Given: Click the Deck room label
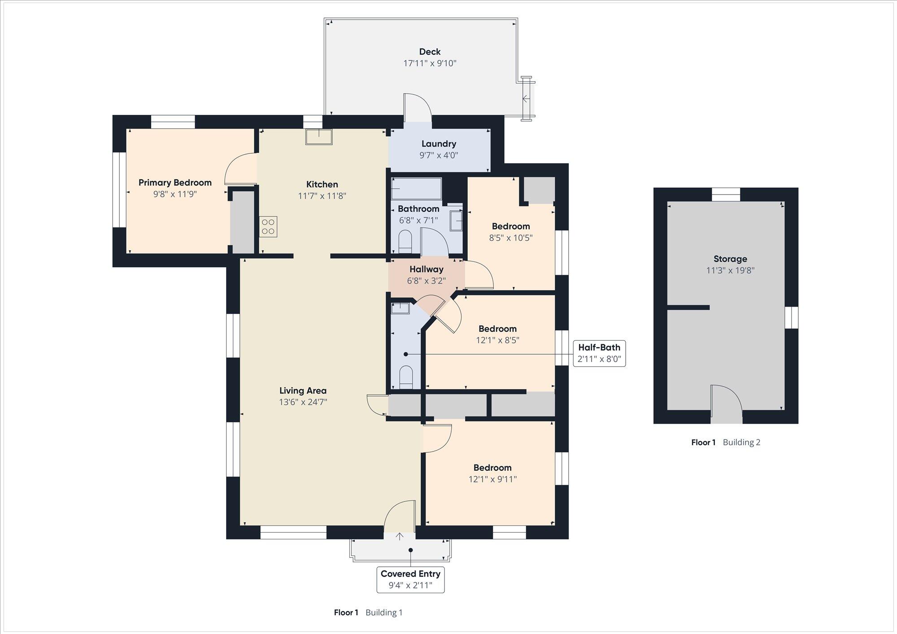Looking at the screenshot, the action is [x=430, y=52].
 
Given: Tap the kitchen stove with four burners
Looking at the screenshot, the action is [x=268, y=227].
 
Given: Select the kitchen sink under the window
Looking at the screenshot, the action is [x=319, y=137].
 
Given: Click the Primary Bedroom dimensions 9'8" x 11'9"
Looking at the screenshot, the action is [x=175, y=194].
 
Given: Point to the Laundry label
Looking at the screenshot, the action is [x=439, y=144].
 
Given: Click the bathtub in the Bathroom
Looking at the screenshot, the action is [x=416, y=189].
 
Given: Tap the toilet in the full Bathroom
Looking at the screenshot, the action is [x=405, y=242].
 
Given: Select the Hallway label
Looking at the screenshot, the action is [x=426, y=269].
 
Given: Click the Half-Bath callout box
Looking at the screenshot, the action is [x=599, y=353].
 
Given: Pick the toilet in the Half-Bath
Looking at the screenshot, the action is [x=405, y=377].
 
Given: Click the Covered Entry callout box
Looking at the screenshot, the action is [x=410, y=580].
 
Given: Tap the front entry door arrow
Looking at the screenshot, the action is [x=400, y=536].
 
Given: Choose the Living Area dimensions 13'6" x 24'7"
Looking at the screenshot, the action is [x=303, y=402].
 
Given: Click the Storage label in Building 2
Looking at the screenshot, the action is [x=730, y=259].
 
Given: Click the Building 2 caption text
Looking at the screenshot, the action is [x=741, y=443].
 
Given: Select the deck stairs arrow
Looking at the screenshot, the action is [x=526, y=98].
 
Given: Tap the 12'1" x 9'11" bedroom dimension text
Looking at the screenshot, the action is [x=492, y=479].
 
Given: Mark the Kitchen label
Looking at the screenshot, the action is [x=322, y=184].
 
